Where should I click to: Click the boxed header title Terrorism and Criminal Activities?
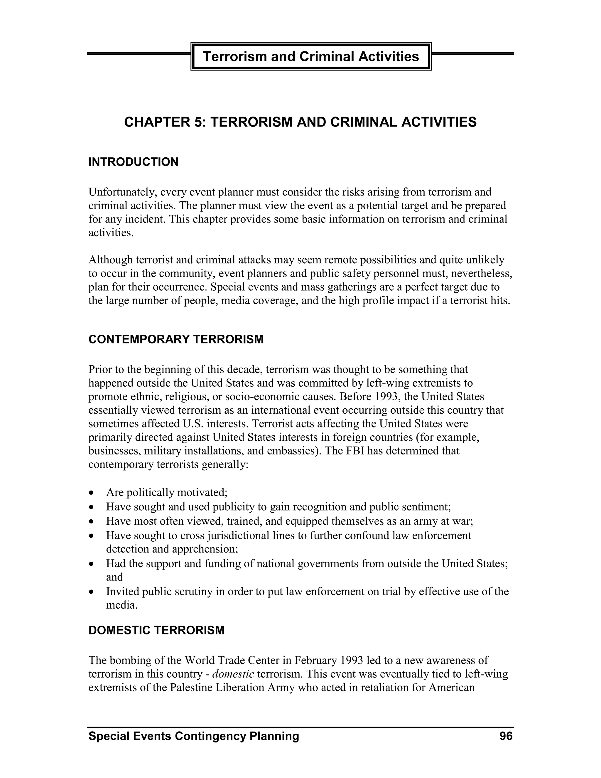pyautogui.click(x=311, y=57)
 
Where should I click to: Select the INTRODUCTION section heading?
pyautogui.click(x=133, y=162)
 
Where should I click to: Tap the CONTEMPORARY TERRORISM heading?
pyautogui.click(x=176, y=339)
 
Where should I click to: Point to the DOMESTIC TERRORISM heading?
pyautogui.click(x=156, y=630)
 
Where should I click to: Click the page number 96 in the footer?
pyautogui.click(x=506, y=736)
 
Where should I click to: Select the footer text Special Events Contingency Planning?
pyautogui.click(x=194, y=736)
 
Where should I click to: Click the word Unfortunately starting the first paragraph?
pyautogui.click(x=122, y=192)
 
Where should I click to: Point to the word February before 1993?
pyautogui.click(x=315, y=661)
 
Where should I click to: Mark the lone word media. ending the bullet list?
pyautogui.click(x=121, y=605)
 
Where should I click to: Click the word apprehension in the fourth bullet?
pyautogui.click(x=205, y=549)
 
